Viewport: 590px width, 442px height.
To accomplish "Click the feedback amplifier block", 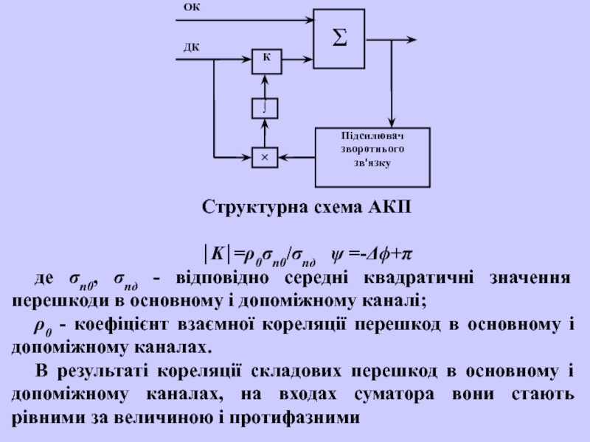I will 373,156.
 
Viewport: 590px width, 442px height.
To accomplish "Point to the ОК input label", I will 191,7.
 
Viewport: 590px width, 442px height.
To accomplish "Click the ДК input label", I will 191,48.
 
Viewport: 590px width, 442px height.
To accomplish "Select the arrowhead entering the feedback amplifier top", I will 392,123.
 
